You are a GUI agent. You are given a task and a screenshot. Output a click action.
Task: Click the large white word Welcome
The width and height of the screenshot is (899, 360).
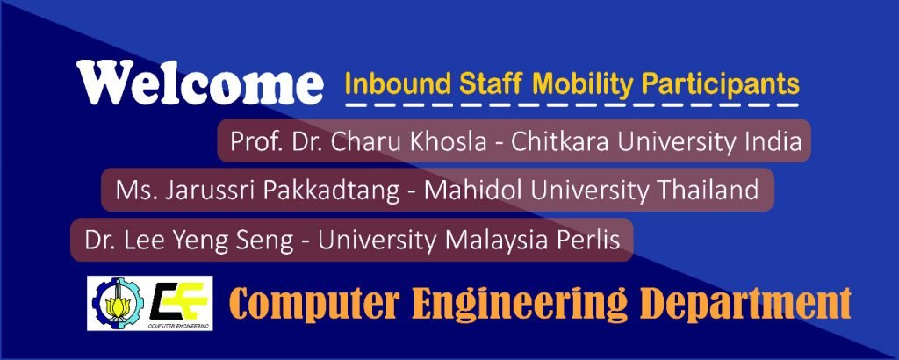coord(199,83)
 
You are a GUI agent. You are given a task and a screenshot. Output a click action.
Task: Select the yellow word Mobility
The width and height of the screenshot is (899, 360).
coord(586,85)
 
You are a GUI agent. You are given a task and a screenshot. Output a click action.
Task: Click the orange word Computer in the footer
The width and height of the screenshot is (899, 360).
coord(314,304)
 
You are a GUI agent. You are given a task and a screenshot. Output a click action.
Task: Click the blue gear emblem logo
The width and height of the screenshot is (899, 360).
coord(119,303)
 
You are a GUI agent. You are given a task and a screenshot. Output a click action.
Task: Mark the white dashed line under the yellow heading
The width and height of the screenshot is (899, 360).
coord(572,104)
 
